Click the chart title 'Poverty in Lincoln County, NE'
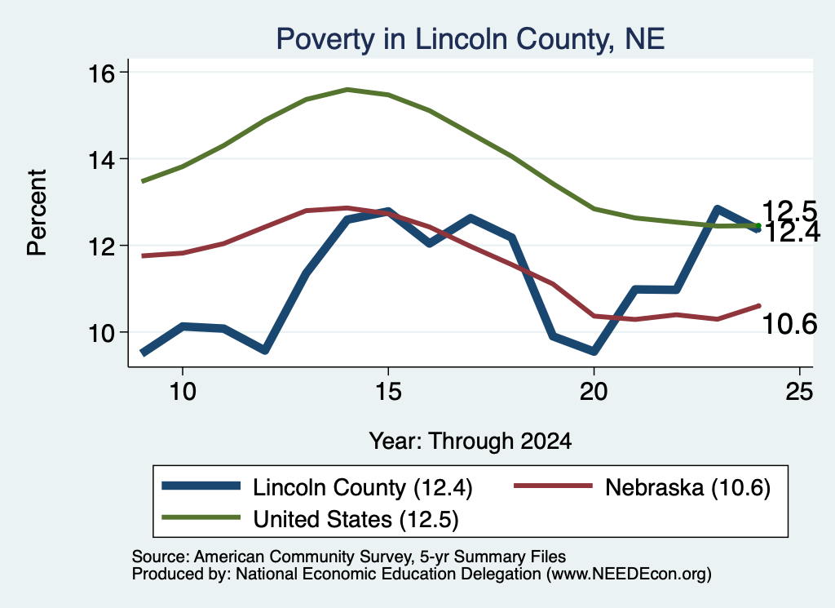point(471,39)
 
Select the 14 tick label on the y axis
point(101,160)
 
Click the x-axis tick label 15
point(388,393)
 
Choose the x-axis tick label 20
point(594,393)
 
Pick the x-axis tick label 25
point(799,393)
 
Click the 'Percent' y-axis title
point(37,213)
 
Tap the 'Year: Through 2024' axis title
point(471,442)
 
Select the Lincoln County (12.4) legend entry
point(317,487)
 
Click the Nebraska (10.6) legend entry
point(643,487)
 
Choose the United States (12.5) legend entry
point(310,519)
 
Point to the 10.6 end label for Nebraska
point(789,324)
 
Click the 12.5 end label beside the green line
point(789,211)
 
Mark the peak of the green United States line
point(347,90)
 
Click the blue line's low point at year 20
point(594,351)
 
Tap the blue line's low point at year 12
point(265,350)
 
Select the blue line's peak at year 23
point(718,209)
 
